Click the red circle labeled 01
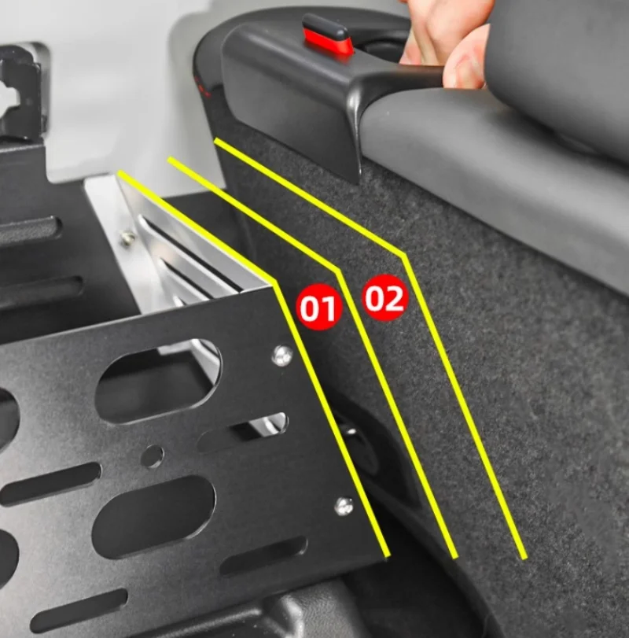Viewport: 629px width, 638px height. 318,306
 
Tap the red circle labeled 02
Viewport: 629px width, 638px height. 384,297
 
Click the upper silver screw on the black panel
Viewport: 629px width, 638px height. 282,356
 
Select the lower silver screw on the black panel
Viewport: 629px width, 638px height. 344,505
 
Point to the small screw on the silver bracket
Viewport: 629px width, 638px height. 127,237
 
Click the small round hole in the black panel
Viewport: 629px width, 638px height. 152,456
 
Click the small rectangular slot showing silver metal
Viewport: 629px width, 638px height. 243,432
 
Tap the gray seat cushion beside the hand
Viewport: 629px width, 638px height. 508,163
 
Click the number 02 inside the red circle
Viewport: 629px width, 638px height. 384,298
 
